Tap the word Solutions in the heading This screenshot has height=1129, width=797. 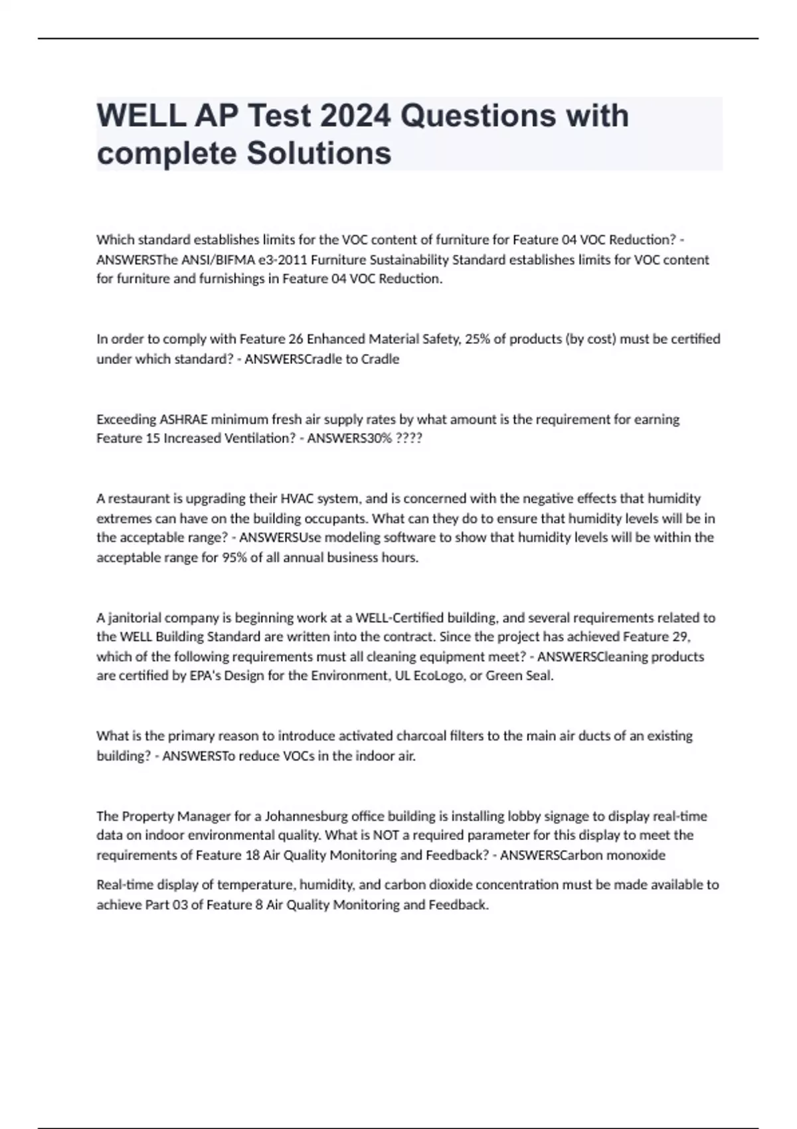pyautogui.click(x=319, y=153)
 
